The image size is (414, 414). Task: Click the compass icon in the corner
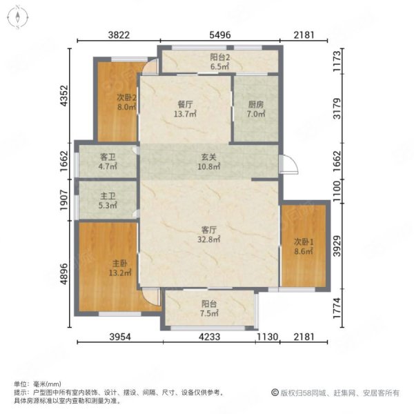(17, 17)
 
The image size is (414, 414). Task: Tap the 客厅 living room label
(209, 230)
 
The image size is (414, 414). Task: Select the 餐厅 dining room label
(185, 105)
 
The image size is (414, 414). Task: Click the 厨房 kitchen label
(256, 105)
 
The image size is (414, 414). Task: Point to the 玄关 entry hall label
(209, 157)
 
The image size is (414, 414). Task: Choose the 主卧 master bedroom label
(120, 264)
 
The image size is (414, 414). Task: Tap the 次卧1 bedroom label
(304, 241)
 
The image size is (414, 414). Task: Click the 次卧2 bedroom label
(127, 98)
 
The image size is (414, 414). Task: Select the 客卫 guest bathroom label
(108, 157)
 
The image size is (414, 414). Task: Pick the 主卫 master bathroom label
(108, 196)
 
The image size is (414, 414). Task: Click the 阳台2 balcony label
(220, 57)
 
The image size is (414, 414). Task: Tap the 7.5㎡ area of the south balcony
(209, 313)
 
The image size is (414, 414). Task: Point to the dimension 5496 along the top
(220, 35)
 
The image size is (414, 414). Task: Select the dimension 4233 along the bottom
(209, 337)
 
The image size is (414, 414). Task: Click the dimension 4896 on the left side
(64, 274)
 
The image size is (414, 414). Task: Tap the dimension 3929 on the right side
(337, 246)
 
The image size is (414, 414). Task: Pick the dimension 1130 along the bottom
(268, 337)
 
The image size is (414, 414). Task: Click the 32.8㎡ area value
(209, 239)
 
